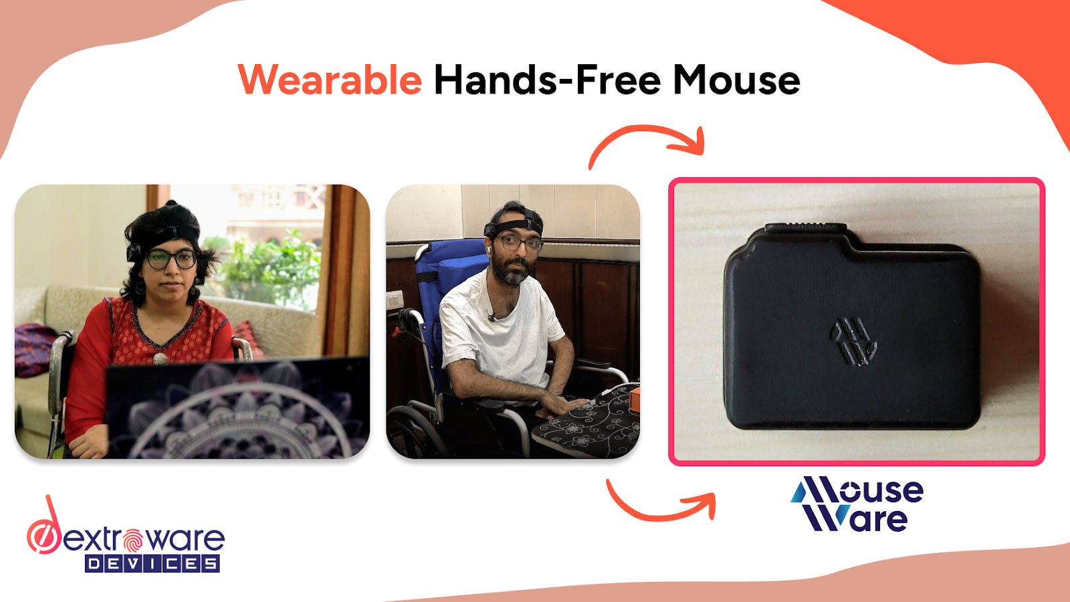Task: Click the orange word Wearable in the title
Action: click(330, 80)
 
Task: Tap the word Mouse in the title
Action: click(736, 80)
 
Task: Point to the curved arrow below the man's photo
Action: click(661, 504)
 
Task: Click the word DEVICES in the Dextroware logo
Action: click(152, 564)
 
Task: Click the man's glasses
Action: click(518, 244)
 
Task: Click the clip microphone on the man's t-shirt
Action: click(492, 316)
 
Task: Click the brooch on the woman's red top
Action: click(160, 358)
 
